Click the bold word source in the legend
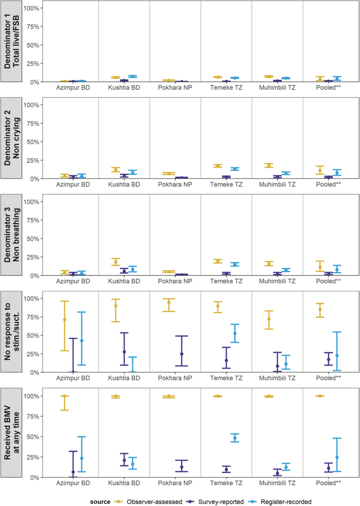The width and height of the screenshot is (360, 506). pos(99,502)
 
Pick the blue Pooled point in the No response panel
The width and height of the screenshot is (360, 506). pos(337,355)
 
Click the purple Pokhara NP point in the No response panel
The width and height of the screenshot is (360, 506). pos(167,354)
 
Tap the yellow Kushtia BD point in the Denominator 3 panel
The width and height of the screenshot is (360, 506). pos(116,262)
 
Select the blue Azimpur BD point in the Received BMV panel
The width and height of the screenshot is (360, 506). pos(81,458)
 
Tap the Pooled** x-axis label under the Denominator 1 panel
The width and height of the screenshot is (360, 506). pos(328,88)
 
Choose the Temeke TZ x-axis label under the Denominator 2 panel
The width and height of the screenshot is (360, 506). pos(226,184)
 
